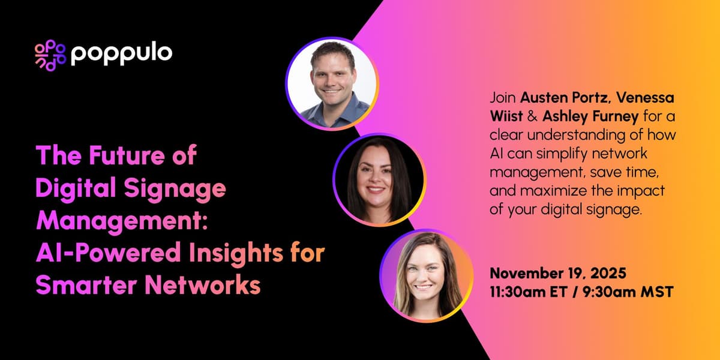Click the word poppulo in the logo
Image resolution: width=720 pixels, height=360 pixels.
[x=121, y=54]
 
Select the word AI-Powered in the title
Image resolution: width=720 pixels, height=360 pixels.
[x=97, y=253]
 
